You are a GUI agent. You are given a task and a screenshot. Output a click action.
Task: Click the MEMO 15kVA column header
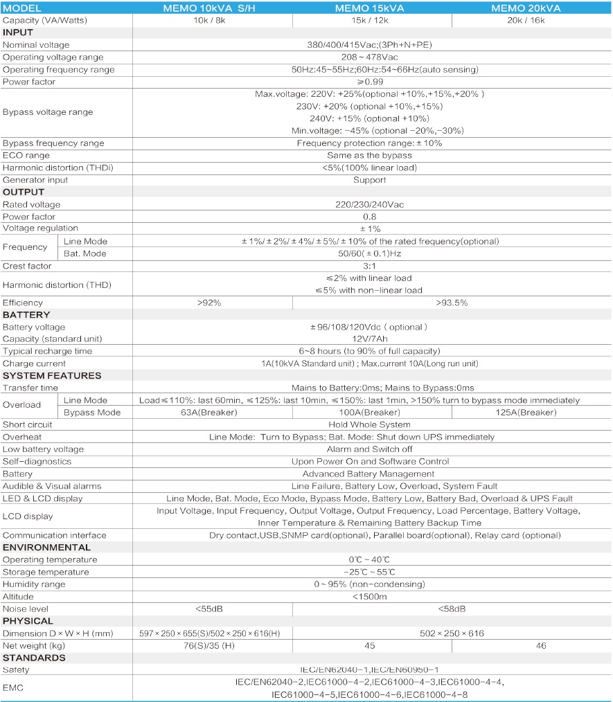tap(369, 8)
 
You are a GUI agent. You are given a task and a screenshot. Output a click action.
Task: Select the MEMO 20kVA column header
tap(526, 8)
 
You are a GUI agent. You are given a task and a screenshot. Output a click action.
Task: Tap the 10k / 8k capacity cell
tap(213, 21)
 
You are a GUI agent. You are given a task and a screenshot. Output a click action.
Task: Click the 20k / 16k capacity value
tap(526, 21)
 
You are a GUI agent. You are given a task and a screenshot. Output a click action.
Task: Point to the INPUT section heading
tap(18, 33)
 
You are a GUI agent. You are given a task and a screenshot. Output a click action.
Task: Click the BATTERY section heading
tap(26, 314)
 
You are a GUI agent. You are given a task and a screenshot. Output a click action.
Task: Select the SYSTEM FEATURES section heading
tap(52, 375)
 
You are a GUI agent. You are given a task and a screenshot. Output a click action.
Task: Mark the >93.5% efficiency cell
tap(452, 303)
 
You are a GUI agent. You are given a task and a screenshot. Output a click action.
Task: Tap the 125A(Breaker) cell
tap(526, 413)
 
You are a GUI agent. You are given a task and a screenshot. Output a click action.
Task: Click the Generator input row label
tap(35, 180)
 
